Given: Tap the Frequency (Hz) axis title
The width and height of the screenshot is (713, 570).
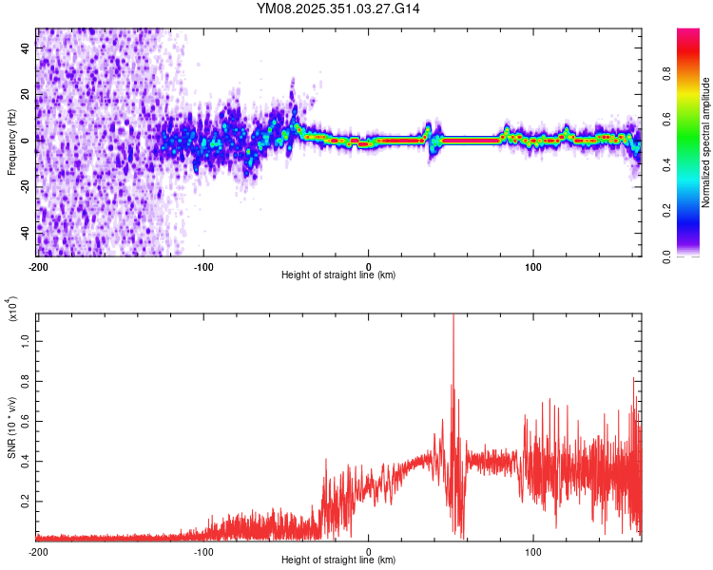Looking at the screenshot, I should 11,142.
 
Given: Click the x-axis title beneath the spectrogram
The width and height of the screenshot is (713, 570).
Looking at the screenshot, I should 338,275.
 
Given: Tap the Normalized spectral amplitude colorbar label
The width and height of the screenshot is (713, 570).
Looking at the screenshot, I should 706,142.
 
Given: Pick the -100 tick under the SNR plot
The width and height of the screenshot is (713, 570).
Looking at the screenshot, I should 202,551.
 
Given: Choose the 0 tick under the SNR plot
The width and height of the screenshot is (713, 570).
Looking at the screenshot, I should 369,551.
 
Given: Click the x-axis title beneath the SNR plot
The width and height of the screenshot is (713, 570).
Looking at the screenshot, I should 338,560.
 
